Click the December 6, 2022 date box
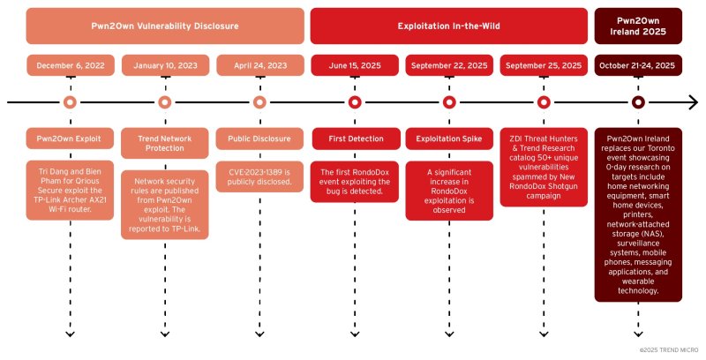coord(70,65)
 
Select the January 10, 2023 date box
coord(164,65)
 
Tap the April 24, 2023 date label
coord(259,65)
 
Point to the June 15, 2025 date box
coord(354,65)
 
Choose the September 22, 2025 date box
coord(448,65)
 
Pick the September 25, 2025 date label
coord(544,65)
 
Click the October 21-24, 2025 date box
coord(638,65)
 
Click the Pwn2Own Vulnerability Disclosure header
coord(165,26)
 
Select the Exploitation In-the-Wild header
coord(448,26)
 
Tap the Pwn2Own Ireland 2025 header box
coord(638,26)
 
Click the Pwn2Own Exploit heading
coord(70,139)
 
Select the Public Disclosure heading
coord(259,139)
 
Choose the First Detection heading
coord(354,139)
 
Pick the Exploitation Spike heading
coord(448,139)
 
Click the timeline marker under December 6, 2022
coord(70,102)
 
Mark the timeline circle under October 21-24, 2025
coord(638,102)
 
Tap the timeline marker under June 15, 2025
coord(354,102)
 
